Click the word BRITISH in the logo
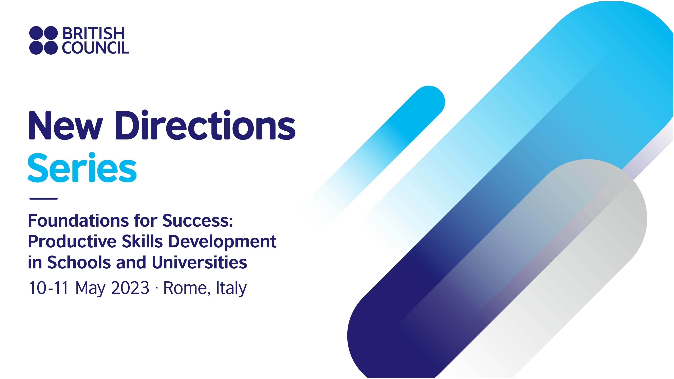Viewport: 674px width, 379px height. [93, 34]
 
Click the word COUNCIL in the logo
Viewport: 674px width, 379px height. [95, 48]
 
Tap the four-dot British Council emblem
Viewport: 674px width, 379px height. [43, 40]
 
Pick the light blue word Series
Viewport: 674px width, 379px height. [82, 168]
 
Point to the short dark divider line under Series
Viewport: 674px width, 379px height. [43, 199]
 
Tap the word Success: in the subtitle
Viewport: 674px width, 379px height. [198, 221]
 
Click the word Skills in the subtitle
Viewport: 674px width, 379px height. [142, 241]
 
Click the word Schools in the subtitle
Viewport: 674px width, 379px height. [79, 262]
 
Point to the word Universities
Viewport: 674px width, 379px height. [199, 262]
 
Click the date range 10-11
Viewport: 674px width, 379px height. [49, 288]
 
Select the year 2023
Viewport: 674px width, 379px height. [130, 288]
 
